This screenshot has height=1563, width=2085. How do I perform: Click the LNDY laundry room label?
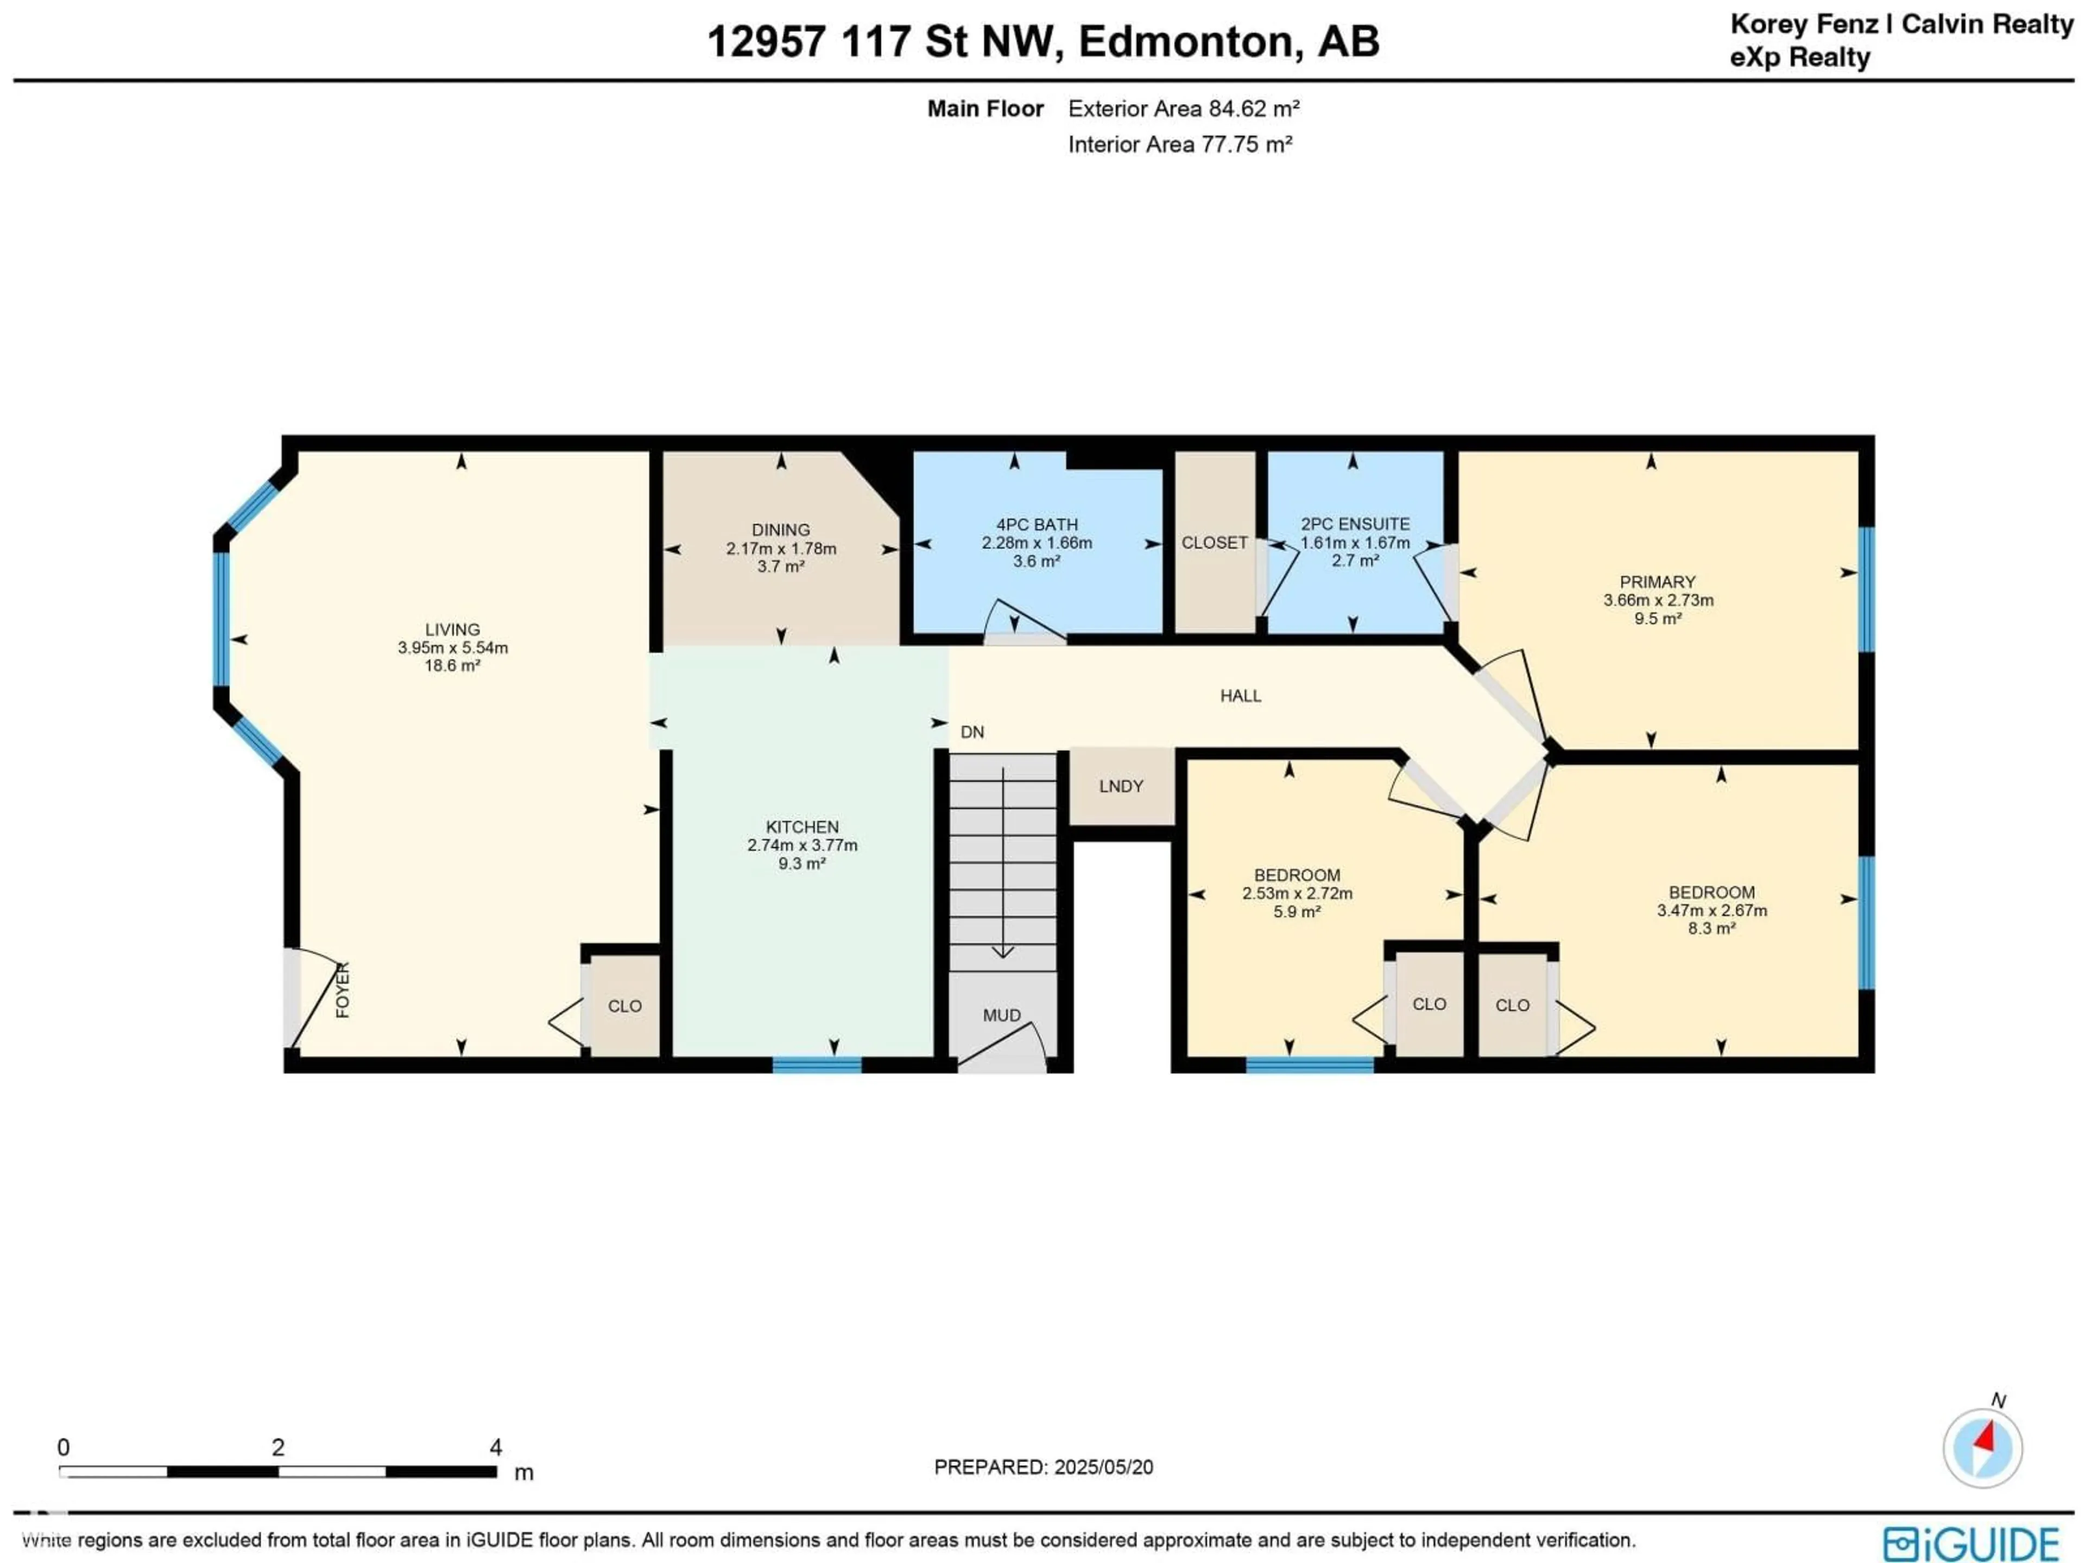(x=1121, y=786)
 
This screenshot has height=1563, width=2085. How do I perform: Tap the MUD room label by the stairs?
(x=1001, y=1015)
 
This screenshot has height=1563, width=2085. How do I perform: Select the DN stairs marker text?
(x=972, y=732)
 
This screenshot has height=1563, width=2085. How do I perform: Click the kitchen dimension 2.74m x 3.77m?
(x=802, y=845)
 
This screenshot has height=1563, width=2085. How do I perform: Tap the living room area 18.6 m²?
(x=452, y=665)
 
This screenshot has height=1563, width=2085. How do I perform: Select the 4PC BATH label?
(x=1037, y=524)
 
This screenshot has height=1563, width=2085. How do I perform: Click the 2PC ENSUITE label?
(x=1355, y=524)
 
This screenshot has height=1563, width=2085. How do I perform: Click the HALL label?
(x=1241, y=695)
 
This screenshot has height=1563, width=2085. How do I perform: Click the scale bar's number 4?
(x=496, y=1447)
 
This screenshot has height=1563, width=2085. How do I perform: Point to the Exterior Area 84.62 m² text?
(x=1183, y=109)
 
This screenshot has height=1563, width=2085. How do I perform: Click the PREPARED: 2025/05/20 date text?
(x=1044, y=1467)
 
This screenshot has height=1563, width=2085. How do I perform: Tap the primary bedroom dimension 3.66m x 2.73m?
(x=1658, y=600)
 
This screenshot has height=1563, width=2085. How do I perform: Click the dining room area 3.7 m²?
(x=780, y=566)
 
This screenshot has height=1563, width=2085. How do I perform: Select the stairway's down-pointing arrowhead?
(x=1003, y=952)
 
